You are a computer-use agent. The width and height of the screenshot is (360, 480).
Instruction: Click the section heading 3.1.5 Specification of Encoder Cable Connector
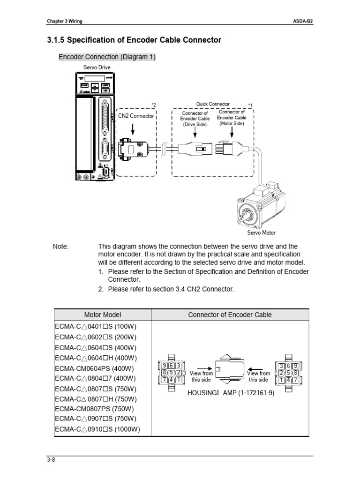point(134,40)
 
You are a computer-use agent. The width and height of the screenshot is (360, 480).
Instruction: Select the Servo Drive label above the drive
point(97,67)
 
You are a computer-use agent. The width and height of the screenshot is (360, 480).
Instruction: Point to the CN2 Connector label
point(136,116)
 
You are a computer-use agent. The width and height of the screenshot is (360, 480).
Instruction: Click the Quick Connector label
point(213,104)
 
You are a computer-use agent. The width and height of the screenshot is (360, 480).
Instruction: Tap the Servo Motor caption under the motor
point(262,232)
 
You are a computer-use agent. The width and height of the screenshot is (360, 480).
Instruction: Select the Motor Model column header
point(102,315)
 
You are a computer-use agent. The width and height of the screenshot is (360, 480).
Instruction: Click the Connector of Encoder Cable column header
point(230,315)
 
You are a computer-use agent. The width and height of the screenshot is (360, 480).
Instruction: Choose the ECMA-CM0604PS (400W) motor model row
point(92,368)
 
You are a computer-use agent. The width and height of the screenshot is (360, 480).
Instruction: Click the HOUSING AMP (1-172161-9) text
point(231,392)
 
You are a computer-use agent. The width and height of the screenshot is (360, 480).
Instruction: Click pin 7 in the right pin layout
point(296,381)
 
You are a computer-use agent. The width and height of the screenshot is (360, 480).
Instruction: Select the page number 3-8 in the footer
point(51,460)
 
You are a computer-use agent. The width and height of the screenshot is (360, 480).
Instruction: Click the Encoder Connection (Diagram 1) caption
point(107,57)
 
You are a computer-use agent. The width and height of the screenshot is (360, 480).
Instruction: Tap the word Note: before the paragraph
point(61,247)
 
